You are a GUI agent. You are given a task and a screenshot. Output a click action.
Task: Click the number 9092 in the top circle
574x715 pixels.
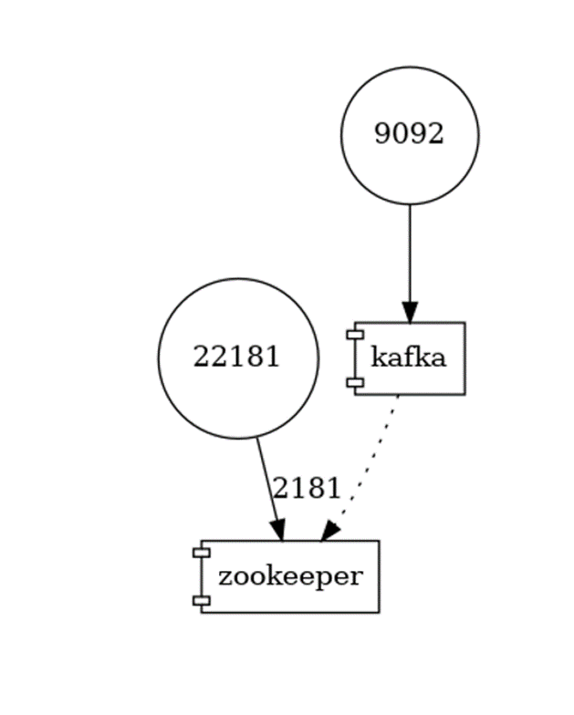tap(409, 135)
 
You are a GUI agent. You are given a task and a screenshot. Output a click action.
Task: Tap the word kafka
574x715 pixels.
tap(409, 357)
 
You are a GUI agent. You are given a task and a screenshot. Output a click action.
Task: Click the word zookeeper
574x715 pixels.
tap(289, 576)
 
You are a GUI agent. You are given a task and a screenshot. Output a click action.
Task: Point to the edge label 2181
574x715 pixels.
tap(307, 489)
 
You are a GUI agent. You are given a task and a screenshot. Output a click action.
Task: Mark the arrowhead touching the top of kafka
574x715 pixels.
tap(409, 311)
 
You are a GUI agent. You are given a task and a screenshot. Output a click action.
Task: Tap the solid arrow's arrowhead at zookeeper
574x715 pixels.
tap(277, 530)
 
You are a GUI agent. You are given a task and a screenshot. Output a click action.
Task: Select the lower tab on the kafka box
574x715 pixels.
tap(351, 382)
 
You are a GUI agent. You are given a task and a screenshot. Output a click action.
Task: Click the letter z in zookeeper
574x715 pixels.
tap(224, 577)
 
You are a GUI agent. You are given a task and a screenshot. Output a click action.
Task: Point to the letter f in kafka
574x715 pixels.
tap(410, 357)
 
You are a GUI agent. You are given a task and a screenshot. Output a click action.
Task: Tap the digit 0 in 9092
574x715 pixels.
tap(398, 135)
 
